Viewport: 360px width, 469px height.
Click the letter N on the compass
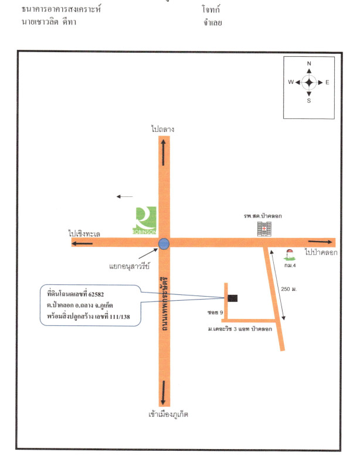point(309,63)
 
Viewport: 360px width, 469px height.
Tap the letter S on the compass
point(309,101)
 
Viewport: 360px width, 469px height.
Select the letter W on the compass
point(290,82)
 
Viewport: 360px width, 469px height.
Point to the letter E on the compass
point(327,82)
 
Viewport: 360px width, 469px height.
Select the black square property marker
point(233,298)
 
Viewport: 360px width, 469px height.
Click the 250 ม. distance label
point(290,290)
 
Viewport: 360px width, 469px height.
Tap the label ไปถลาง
point(163,128)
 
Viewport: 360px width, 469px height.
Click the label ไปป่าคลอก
point(320,252)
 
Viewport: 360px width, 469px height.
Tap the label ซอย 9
point(215,314)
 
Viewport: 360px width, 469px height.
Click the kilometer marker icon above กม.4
point(288,253)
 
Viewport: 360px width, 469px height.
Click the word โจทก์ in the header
point(210,11)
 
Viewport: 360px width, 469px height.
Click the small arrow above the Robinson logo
point(124,197)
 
